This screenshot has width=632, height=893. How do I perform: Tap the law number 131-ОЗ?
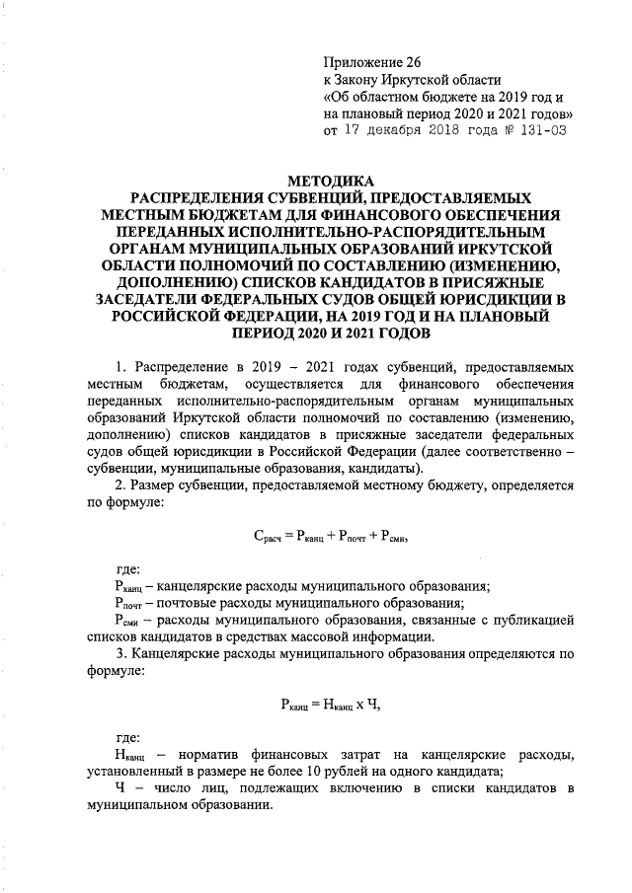[x=538, y=130]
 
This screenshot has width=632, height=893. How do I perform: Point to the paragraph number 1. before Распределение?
[x=121, y=365]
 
